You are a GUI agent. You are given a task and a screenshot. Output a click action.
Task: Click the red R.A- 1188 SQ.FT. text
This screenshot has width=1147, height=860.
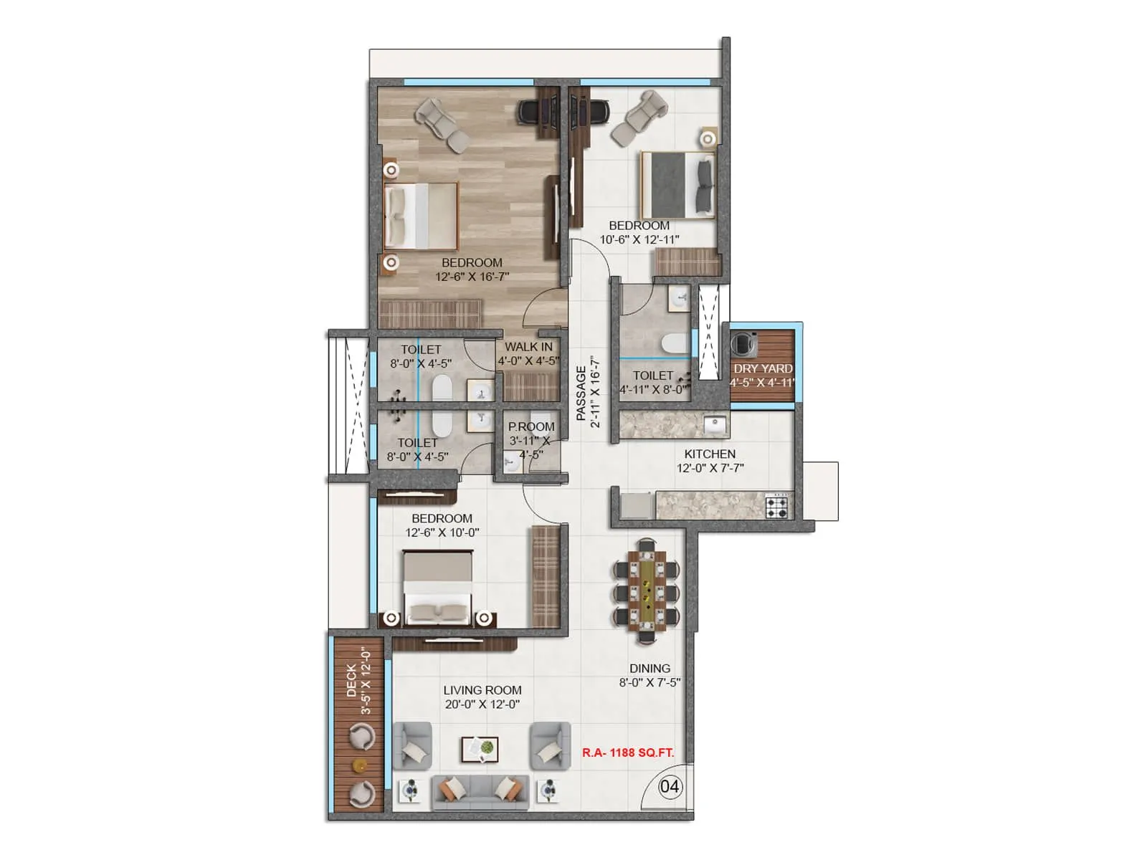[628, 753]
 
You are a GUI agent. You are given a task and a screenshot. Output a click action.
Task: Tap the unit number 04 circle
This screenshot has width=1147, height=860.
[670, 787]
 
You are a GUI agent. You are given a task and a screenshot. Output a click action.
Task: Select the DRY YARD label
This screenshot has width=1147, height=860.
[763, 368]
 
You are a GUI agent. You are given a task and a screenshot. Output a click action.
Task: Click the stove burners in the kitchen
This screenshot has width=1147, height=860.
[777, 507]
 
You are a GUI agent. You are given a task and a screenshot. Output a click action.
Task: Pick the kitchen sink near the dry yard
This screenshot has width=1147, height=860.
[715, 425]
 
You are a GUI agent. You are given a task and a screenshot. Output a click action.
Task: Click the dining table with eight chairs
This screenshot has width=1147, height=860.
[647, 589]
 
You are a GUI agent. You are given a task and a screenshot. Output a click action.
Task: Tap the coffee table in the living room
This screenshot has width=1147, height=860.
[480, 748]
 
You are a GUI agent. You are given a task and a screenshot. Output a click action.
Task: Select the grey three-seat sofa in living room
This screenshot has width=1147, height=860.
[480, 791]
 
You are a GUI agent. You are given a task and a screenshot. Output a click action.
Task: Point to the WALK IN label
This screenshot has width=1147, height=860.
[528, 347]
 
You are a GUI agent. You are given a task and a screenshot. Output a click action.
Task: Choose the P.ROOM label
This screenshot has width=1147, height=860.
[531, 426]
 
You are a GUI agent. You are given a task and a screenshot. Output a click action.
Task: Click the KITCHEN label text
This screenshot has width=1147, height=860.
[710, 454]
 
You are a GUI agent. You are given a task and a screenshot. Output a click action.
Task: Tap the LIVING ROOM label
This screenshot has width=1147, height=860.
[482, 690]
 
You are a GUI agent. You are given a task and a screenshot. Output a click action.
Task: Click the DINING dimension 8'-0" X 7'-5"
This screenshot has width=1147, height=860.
[649, 683]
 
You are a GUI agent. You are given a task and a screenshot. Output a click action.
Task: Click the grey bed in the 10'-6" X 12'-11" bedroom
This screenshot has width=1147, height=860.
[678, 184]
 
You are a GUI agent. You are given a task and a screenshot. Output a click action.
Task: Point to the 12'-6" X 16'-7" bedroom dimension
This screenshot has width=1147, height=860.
[472, 277]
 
